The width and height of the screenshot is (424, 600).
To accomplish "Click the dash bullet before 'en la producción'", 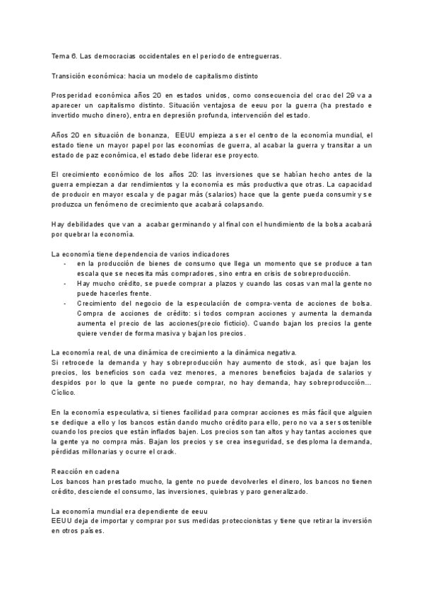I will (65, 263).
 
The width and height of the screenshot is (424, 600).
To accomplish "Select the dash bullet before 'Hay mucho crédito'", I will (65, 283).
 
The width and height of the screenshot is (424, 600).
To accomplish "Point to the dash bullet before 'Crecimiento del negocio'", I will (65, 303).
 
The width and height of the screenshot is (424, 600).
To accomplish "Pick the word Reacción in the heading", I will (68, 471).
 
